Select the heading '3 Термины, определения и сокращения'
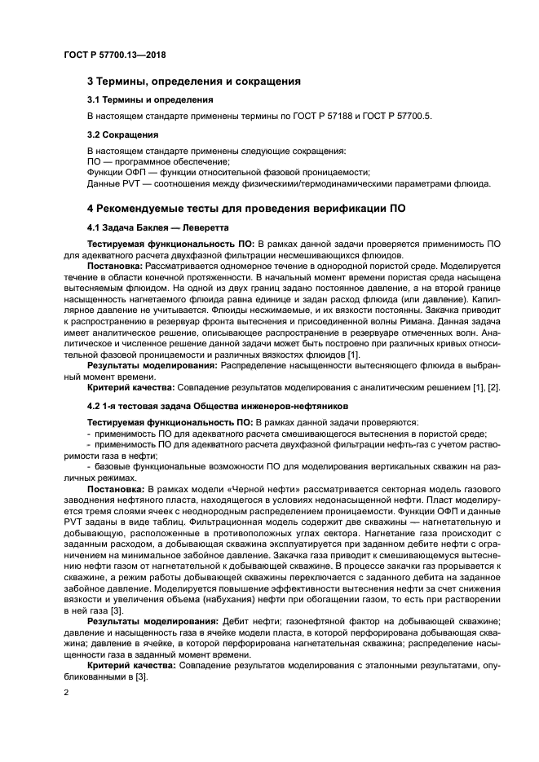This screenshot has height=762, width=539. (194, 81)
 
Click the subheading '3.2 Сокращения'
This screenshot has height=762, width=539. (122, 134)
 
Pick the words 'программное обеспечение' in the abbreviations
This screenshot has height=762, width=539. (155, 162)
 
